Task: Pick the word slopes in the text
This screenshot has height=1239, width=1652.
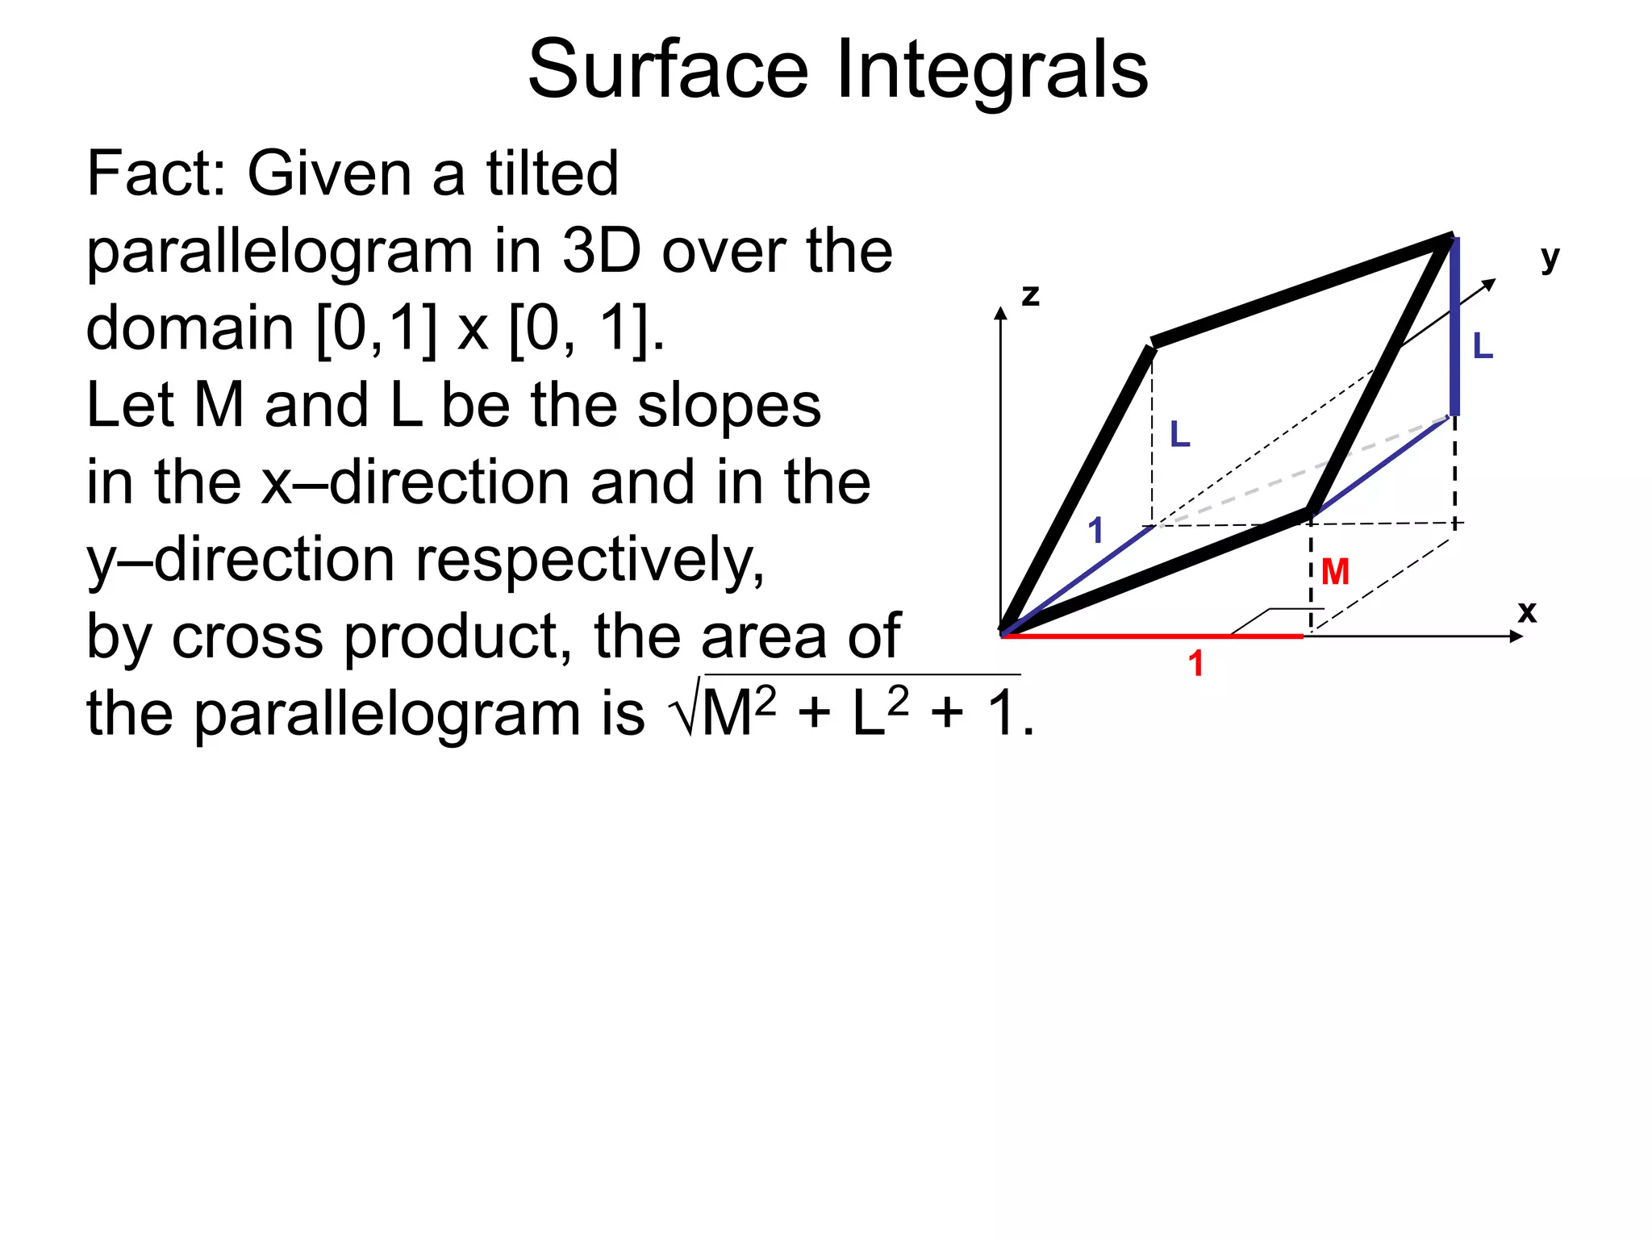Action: coord(729,405)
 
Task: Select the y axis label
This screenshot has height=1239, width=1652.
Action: coord(1550,258)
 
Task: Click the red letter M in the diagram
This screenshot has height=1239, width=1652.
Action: coord(1335,572)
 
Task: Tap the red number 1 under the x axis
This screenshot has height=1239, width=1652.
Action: coord(1195,663)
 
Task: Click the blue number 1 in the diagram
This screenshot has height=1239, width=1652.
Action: coord(1095,530)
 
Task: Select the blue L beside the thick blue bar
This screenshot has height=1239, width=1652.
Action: coord(1483,346)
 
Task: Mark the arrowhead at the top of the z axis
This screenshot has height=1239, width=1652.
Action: coord(1001,313)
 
